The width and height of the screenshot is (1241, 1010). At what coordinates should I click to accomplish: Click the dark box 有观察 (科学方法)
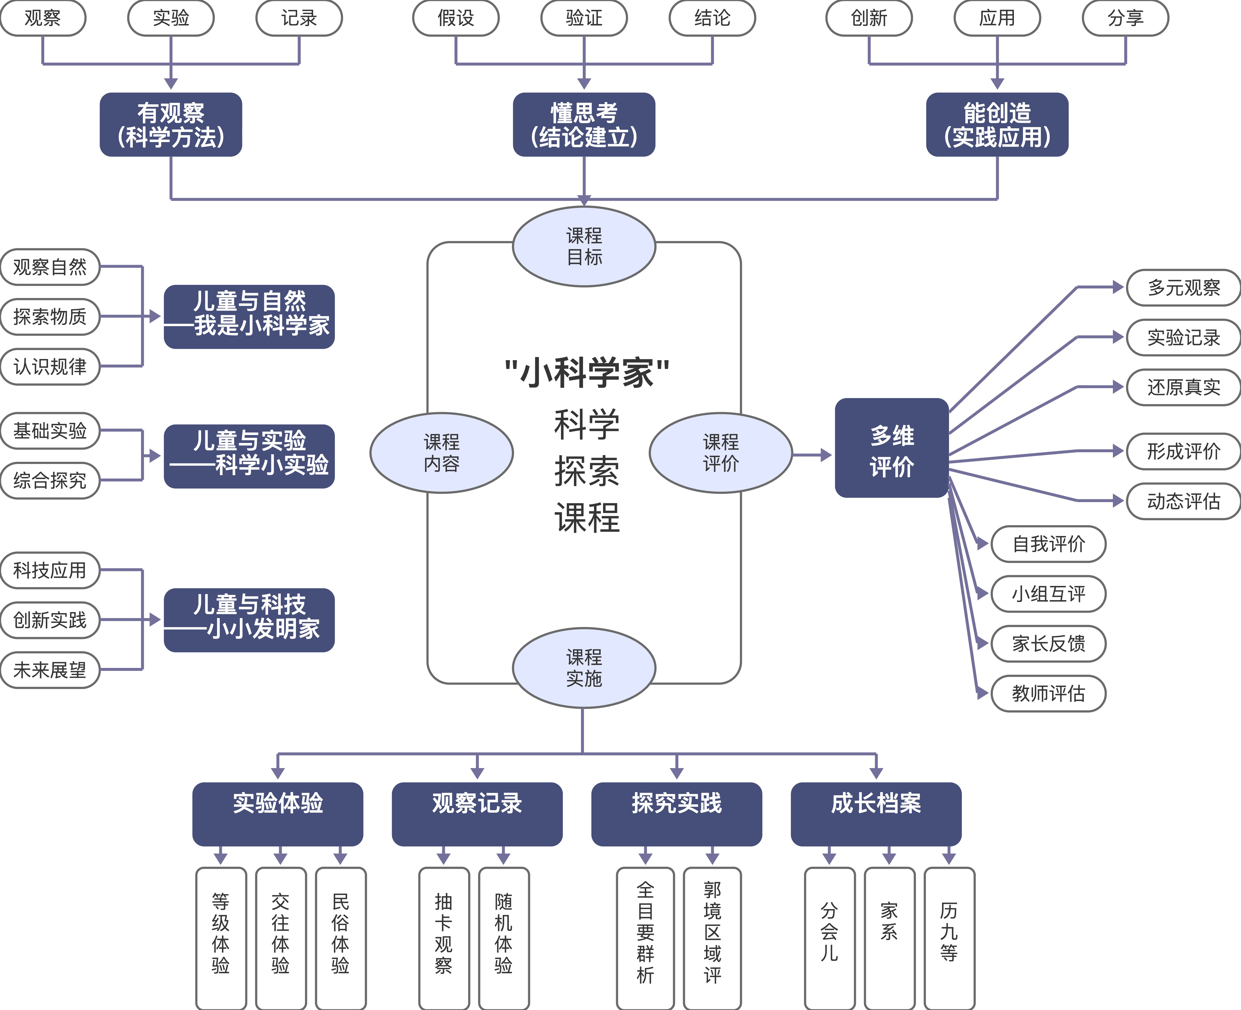pos(170,124)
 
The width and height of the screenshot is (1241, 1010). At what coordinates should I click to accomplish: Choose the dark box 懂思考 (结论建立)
pos(584,124)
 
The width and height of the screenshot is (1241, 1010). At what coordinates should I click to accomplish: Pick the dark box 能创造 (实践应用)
pos(997,124)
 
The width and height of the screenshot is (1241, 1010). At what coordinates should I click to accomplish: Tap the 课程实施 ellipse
pos(584,668)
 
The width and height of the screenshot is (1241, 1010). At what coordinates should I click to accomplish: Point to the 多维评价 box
pos(892,448)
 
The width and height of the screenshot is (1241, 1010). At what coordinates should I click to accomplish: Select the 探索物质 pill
pos(50,317)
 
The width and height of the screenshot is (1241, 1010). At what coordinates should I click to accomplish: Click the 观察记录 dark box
pos(477,813)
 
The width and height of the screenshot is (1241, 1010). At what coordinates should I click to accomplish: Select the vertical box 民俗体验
pos(341,937)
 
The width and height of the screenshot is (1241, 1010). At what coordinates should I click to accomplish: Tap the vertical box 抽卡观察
pos(444,937)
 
